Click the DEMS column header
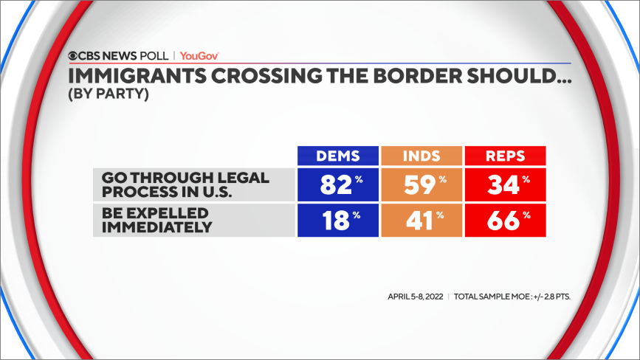coord(337,156)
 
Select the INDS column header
coord(421,156)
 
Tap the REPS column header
coord(504,156)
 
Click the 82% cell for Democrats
coord(337,185)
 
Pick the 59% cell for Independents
coord(421,185)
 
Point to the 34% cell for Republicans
coord(504,185)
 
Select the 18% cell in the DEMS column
coord(337,221)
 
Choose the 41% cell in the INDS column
coord(421,221)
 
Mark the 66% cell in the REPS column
coord(504,221)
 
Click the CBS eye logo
coord(74,55)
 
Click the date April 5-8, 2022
coord(415,297)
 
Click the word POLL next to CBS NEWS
coord(152,55)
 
